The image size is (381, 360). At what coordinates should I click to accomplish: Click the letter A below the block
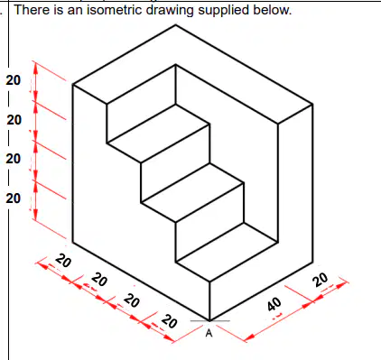pyautogui.click(x=209, y=333)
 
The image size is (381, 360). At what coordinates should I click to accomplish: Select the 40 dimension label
pyautogui.click(x=274, y=304)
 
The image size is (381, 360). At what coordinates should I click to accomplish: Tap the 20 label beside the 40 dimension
pyautogui.click(x=320, y=280)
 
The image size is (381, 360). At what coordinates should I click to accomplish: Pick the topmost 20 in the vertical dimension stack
pyautogui.click(x=14, y=80)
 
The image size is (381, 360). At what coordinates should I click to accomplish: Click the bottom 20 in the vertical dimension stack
pyautogui.click(x=14, y=198)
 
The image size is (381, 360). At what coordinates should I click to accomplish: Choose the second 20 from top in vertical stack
pyautogui.click(x=14, y=120)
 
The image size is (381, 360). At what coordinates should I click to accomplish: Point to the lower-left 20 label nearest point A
pyautogui.click(x=169, y=321)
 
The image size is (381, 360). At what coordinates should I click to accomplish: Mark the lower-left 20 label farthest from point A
pyautogui.click(x=63, y=261)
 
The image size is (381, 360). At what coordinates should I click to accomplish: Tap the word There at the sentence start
pyautogui.click(x=33, y=10)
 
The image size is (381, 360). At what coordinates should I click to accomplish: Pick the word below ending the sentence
pyautogui.click(x=273, y=10)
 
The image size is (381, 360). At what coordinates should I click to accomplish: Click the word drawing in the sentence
pyautogui.click(x=171, y=11)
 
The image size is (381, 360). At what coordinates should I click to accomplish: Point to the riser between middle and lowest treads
pyautogui.click(x=209, y=222)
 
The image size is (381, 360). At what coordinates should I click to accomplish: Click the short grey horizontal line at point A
pyautogui.click(x=209, y=320)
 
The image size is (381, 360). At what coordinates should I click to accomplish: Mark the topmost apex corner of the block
pyautogui.click(x=176, y=25)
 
